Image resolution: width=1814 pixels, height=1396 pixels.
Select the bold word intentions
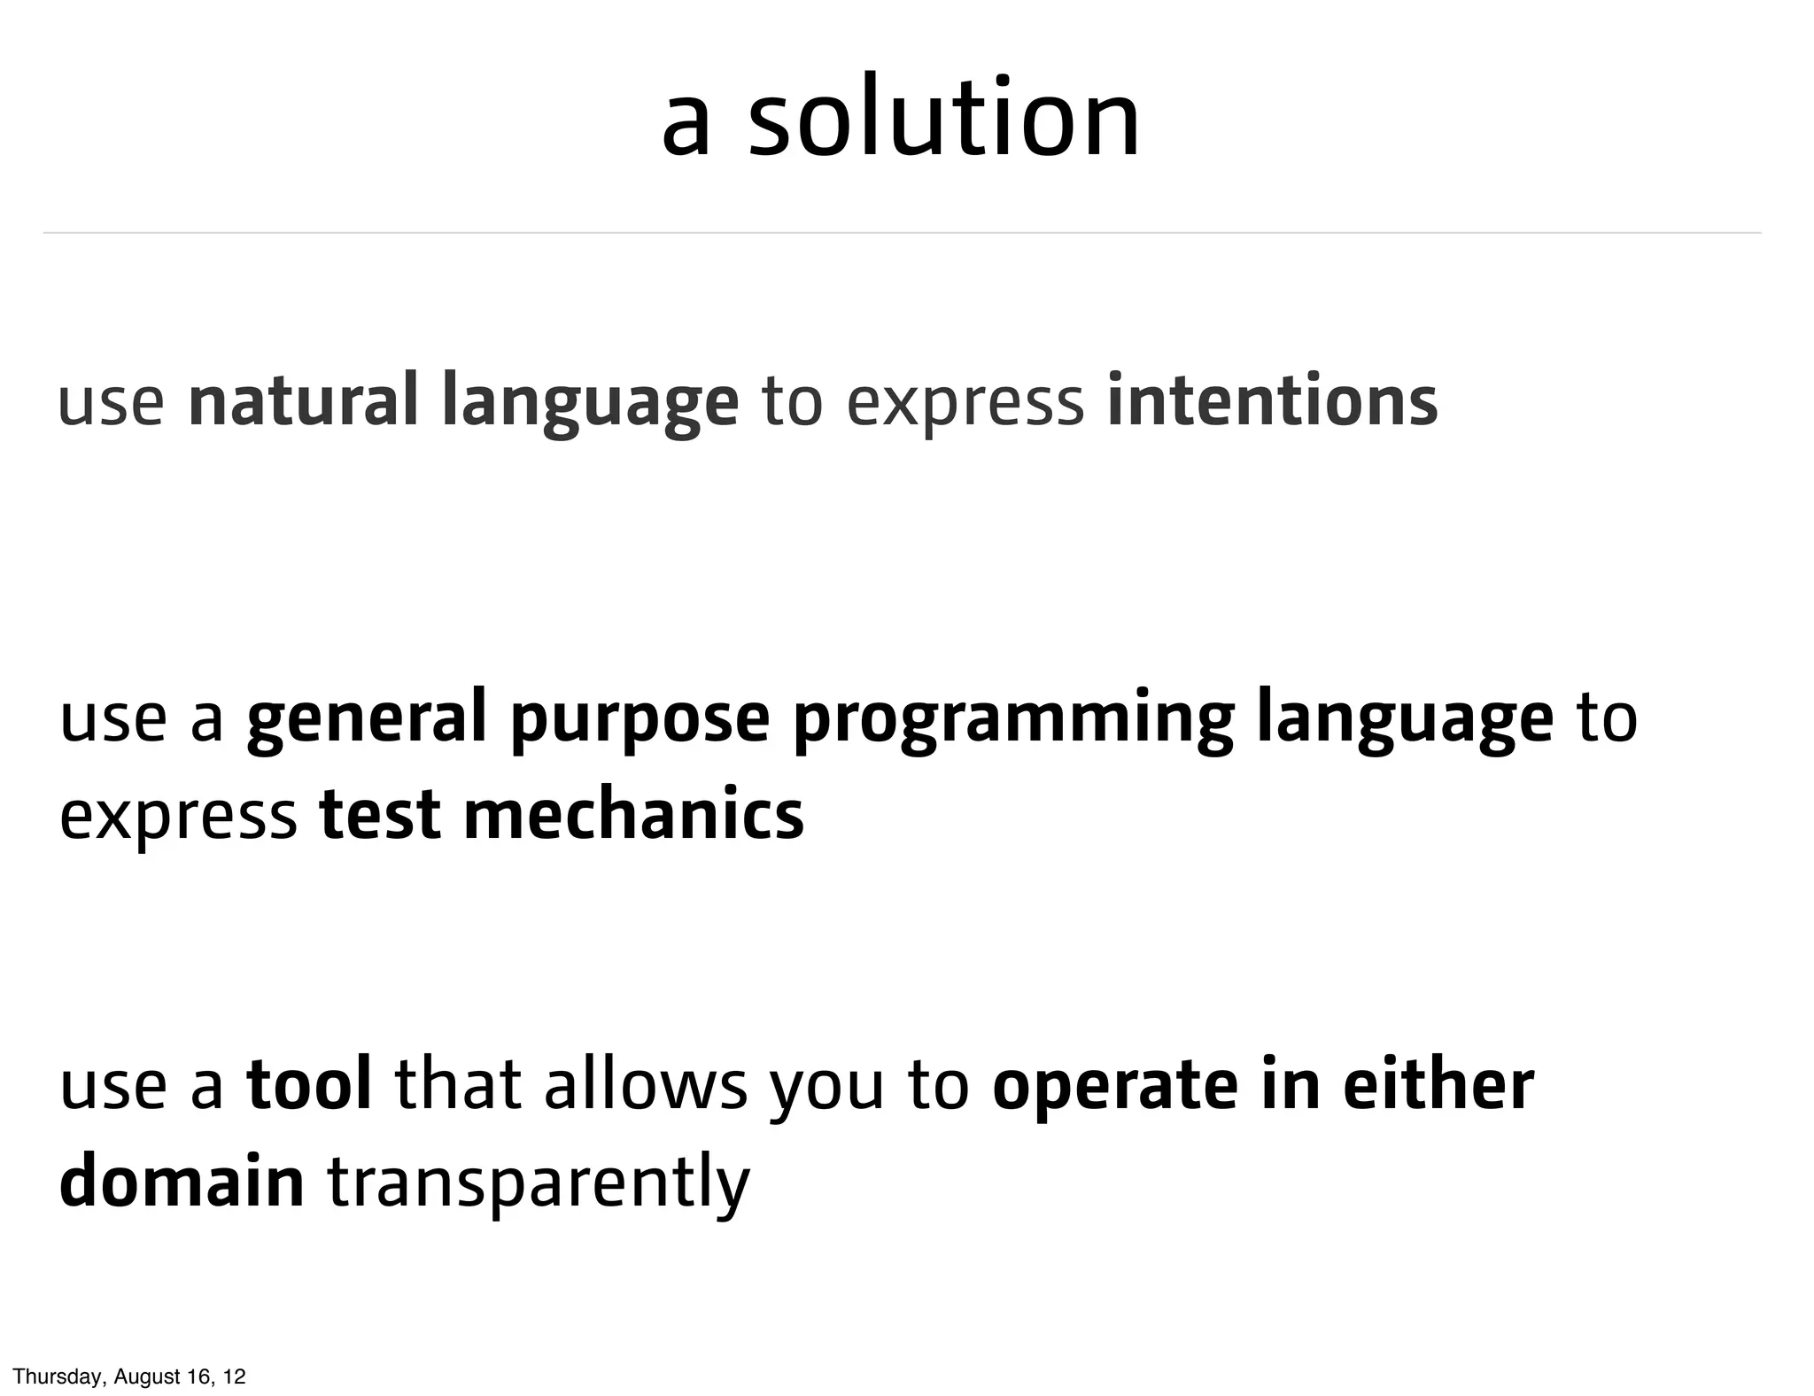click(1272, 400)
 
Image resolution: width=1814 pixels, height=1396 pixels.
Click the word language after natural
click(589, 403)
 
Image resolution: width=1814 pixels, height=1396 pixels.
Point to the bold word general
click(367, 717)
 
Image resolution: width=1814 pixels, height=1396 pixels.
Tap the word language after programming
click(1404, 719)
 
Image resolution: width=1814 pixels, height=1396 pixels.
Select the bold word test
click(379, 815)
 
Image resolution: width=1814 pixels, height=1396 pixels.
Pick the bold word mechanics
click(633, 815)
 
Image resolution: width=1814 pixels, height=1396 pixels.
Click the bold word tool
click(309, 1085)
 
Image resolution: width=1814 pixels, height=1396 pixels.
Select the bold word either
click(1438, 1085)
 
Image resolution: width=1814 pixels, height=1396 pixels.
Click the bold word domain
click(182, 1183)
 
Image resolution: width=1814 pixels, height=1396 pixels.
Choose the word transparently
click(539, 1186)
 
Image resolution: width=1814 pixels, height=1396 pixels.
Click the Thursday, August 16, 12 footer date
click(129, 1377)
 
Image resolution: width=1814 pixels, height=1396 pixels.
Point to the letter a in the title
click(686, 124)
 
